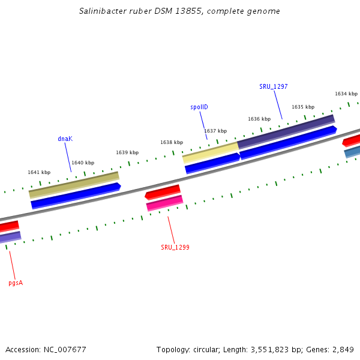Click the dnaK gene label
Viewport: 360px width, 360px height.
pyautogui.click(x=65, y=139)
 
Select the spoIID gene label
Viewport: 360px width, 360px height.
pyautogui.click(x=199, y=107)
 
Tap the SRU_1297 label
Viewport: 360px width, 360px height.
pyautogui.click(x=273, y=86)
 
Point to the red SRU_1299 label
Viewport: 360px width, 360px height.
pyautogui.click(x=175, y=247)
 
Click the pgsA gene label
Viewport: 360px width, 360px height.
pyautogui.click(x=16, y=282)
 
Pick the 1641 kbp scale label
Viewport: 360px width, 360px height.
pyautogui.click(x=39, y=172)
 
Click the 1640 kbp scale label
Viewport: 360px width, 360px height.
pyautogui.click(x=83, y=163)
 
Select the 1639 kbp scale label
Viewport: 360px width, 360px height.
pyautogui.click(x=127, y=152)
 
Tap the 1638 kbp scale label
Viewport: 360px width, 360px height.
pyautogui.click(x=172, y=142)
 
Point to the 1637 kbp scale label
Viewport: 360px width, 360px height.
pyautogui.click(x=215, y=131)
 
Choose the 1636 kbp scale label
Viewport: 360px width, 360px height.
pyautogui.click(x=259, y=119)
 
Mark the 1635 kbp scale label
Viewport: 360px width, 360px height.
pyautogui.click(x=303, y=107)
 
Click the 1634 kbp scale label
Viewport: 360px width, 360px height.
pyautogui.click(x=346, y=94)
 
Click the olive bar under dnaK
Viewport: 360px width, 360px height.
pyautogui.click(x=74, y=185)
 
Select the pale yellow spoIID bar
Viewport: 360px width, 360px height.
pyautogui.click(x=210, y=152)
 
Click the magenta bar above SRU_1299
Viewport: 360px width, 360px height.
pyautogui.click(x=164, y=203)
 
